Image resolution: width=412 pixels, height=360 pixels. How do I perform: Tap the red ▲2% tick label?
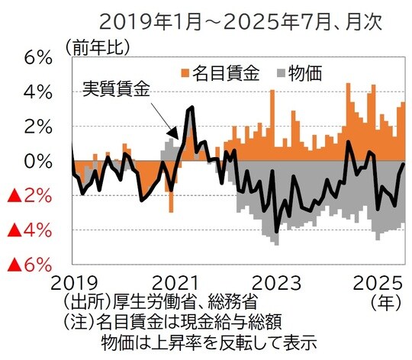pyautogui.click(x=29, y=196)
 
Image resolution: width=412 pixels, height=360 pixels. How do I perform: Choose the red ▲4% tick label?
pyautogui.click(x=29, y=230)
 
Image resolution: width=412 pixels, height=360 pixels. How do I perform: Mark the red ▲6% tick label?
pyautogui.click(x=29, y=265)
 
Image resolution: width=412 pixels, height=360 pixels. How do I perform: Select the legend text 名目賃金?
pyautogui.click(x=227, y=73)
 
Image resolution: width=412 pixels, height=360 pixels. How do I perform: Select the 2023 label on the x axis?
pyautogui.click(x=276, y=282)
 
